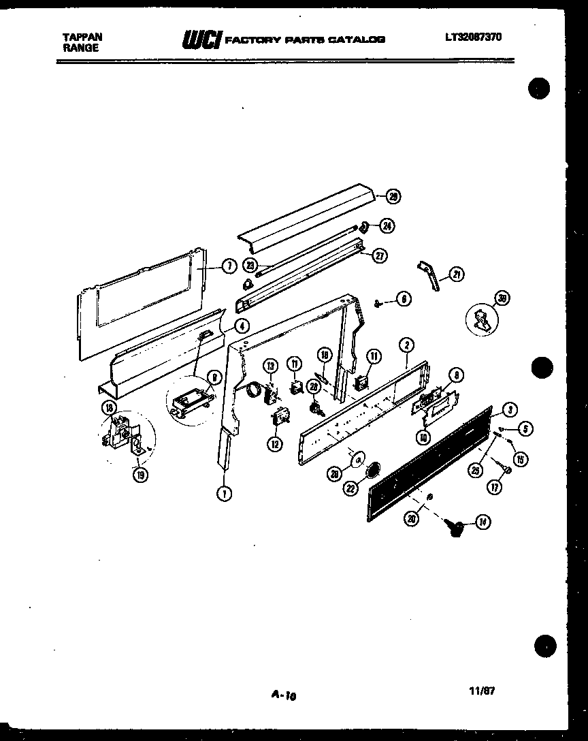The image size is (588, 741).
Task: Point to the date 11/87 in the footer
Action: (482, 690)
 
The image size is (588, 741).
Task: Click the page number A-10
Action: (284, 695)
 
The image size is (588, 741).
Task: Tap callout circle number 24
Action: (387, 225)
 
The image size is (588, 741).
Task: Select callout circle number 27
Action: (379, 255)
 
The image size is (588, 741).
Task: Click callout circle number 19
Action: (140, 475)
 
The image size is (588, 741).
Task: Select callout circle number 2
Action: (406, 345)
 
